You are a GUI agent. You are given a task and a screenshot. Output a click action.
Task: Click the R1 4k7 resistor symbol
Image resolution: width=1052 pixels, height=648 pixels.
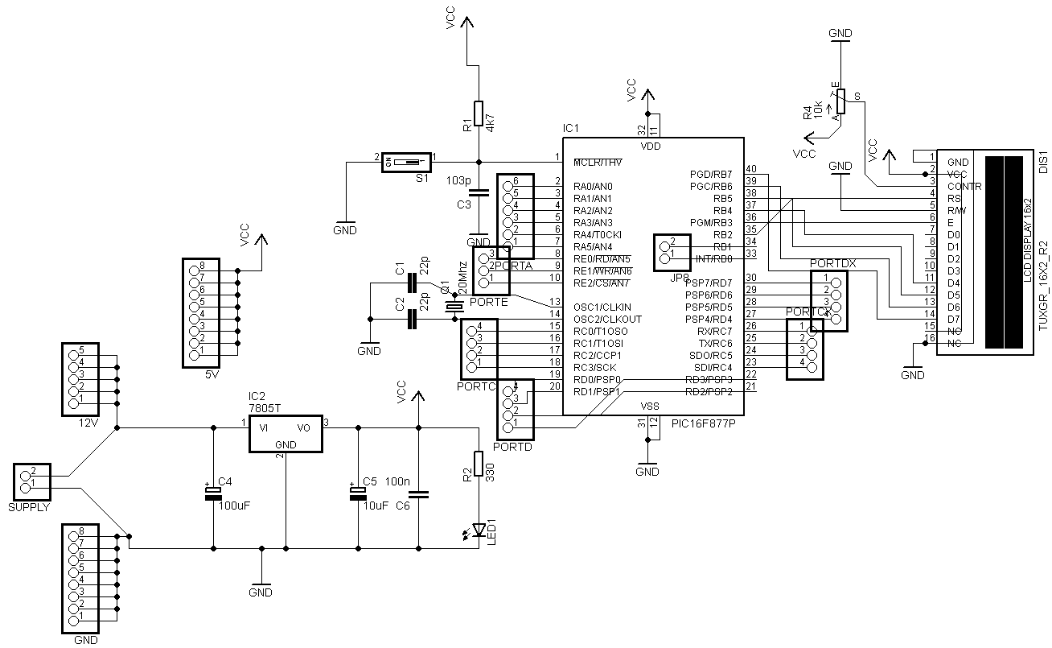[x=479, y=113]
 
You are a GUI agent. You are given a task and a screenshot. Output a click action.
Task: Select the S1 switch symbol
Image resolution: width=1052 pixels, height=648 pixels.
[x=407, y=162]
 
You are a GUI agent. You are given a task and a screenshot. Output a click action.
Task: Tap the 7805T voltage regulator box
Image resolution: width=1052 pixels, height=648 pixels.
[x=286, y=435]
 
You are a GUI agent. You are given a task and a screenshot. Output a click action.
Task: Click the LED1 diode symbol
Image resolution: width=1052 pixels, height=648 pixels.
[x=479, y=529]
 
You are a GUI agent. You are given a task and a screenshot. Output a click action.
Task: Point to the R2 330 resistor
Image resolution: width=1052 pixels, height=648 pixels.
[x=479, y=464]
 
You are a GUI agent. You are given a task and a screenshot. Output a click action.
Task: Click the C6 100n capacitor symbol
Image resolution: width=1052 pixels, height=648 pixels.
[x=418, y=493]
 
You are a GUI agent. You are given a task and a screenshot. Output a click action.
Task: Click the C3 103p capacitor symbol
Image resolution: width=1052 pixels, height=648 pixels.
[x=479, y=192]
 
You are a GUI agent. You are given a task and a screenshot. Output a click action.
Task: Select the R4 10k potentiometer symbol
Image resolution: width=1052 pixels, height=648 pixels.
[x=841, y=101]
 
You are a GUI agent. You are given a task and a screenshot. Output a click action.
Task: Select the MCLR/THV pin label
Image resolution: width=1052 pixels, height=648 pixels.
[x=598, y=163]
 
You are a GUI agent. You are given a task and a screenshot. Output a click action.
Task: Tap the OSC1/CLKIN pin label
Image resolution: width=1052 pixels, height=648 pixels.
[x=602, y=307]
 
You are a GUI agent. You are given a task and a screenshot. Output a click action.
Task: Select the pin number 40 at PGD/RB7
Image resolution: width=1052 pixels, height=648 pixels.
[x=751, y=168]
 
